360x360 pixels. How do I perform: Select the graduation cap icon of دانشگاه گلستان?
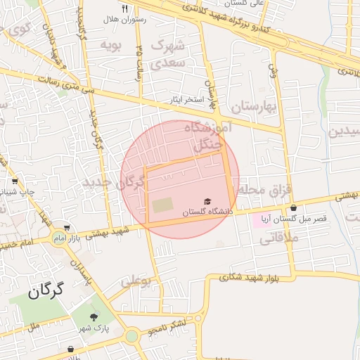coord(207,202)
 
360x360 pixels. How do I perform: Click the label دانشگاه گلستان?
coord(206,212)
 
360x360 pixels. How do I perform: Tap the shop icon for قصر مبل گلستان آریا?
coord(293,208)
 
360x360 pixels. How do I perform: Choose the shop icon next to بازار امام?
coord(66,229)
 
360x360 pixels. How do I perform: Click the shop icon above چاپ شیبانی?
coord(15,181)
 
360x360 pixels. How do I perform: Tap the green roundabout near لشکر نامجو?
coord(131,336)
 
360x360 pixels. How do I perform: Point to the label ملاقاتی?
coord(278,238)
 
